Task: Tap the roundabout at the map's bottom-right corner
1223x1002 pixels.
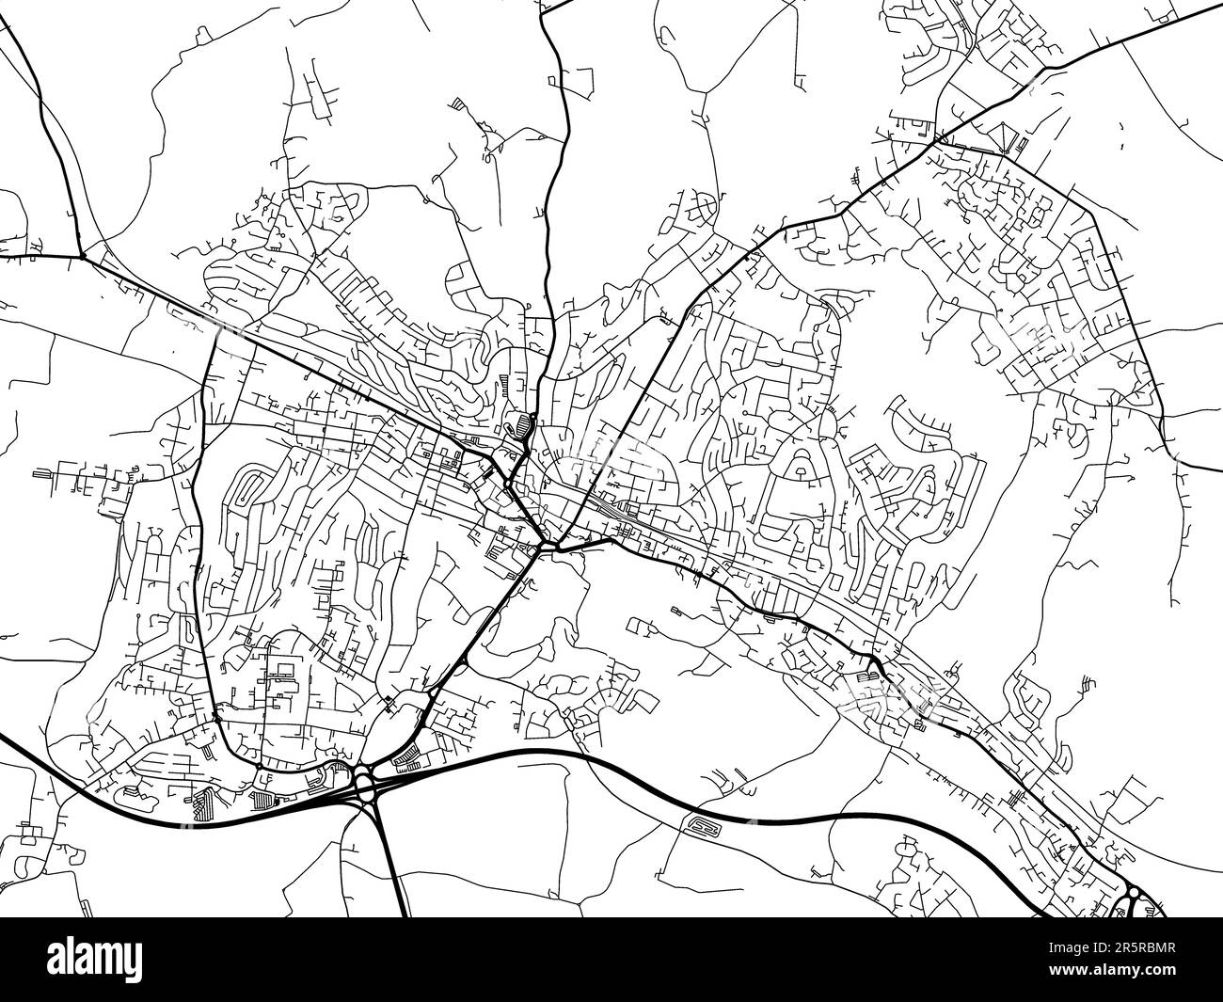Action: (1134, 892)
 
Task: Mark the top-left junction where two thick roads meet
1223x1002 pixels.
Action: (83, 255)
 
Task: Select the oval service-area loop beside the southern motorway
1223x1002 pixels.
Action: (704, 827)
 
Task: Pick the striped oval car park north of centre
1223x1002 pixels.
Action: (517, 425)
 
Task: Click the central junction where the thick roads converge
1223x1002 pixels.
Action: (539, 546)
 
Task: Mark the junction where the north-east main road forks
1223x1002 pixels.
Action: (937, 140)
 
